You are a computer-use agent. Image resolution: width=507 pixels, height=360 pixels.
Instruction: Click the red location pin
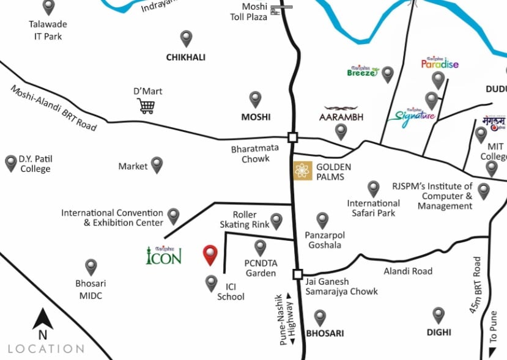(x=210, y=254)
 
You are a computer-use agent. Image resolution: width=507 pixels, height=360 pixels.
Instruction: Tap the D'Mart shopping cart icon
(x=146, y=106)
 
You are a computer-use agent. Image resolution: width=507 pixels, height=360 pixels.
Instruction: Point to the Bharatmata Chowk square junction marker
(x=293, y=137)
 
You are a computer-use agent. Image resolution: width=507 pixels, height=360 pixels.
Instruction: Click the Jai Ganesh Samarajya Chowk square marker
(x=298, y=274)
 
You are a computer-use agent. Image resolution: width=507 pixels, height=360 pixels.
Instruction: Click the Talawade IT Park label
(x=48, y=30)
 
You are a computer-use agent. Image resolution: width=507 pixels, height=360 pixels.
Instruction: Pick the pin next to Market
(x=157, y=164)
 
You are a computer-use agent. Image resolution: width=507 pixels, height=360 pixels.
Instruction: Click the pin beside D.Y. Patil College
(x=11, y=163)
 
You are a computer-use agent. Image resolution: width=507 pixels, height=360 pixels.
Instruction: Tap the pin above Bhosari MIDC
(x=91, y=266)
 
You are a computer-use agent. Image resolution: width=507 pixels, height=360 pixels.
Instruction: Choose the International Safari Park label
(x=374, y=208)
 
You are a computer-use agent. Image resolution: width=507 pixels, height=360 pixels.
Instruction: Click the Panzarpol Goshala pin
(x=322, y=220)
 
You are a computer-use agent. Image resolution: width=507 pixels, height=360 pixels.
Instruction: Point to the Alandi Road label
(x=408, y=271)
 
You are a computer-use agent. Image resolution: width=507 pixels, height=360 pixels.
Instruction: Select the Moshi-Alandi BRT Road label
(x=54, y=108)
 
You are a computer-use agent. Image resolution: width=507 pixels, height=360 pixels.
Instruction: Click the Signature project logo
(x=415, y=115)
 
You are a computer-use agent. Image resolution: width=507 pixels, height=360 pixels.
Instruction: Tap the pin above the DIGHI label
(x=439, y=315)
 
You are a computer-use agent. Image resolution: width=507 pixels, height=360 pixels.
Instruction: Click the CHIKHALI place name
(x=186, y=57)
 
